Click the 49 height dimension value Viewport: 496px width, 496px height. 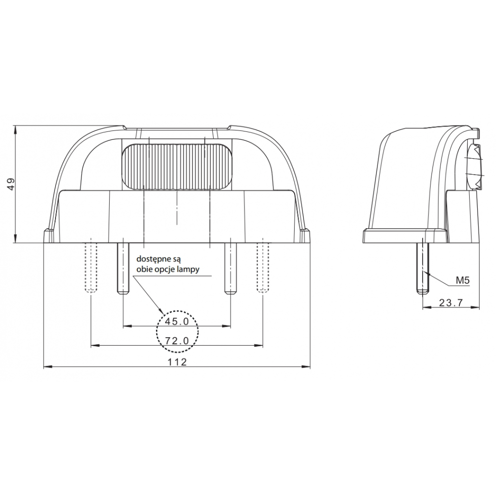pos(11,184)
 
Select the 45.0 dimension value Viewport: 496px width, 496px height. pos(177,322)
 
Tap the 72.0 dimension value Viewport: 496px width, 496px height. pos(177,341)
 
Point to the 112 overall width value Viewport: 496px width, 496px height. pos(178,362)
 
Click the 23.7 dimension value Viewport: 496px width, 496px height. pos(451,303)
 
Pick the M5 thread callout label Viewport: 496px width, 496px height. pos(463,280)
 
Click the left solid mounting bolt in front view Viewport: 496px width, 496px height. pos(123,268)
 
